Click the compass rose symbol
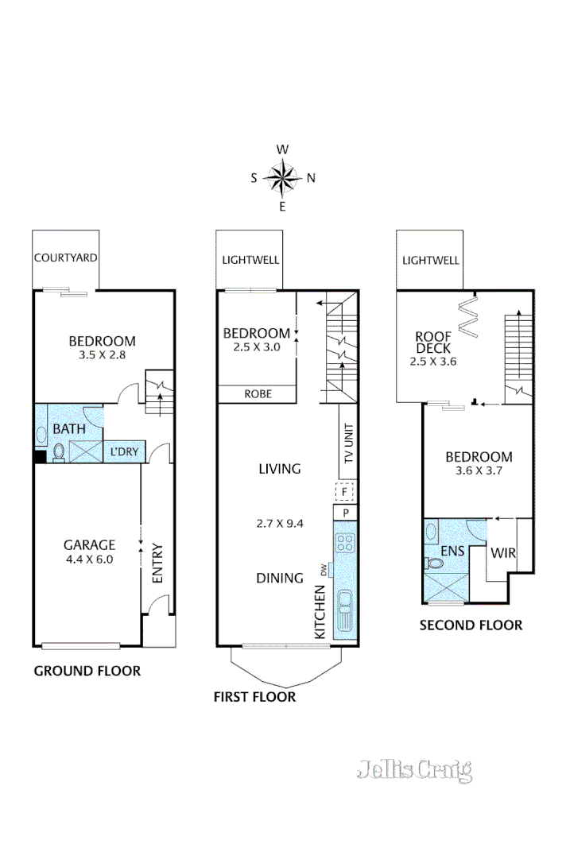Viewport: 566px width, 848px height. tap(282, 178)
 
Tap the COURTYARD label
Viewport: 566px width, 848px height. tap(66, 257)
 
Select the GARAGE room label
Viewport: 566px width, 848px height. tap(89, 544)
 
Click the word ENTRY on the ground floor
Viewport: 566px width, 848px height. tap(157, 563)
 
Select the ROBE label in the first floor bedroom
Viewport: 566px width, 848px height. tap(257, 393)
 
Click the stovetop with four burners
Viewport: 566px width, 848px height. tap(346, 544)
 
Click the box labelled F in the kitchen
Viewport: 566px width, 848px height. tap(345, 492)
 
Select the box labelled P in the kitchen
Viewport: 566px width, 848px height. tap(346, 513)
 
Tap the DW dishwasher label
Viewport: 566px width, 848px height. tap(323, 569)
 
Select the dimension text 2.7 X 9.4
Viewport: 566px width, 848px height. tap(279, 522)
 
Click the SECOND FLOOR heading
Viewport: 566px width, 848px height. tap(471, 625)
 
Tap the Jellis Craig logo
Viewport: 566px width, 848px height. tap(414, 770)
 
